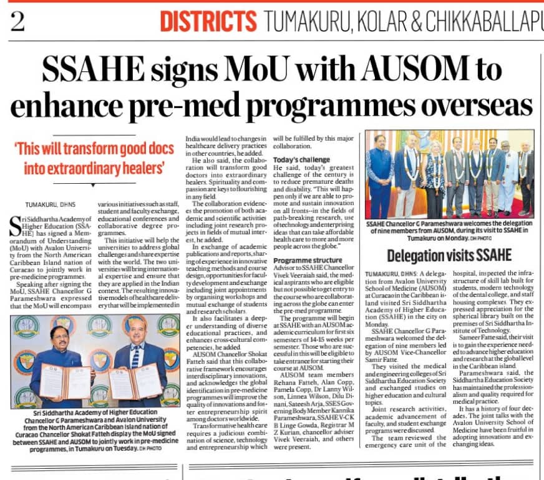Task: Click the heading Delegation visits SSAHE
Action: pos(449,255)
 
